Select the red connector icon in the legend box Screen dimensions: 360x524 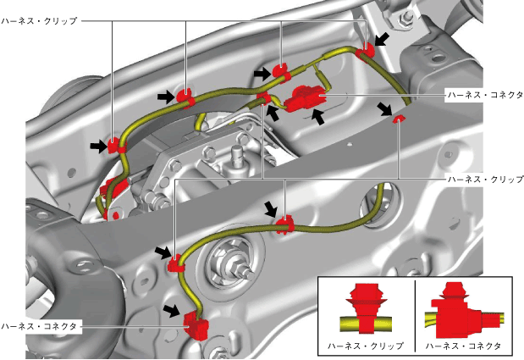[x=458, y=309]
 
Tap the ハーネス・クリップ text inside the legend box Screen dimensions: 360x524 [x=366, y=346]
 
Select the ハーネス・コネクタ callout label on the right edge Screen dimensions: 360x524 [x=483, y=96]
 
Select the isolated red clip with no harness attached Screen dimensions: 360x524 [x=399, y=120]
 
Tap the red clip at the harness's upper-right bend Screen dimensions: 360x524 [x=365, y=53]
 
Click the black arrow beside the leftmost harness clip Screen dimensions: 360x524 [x=99, y=147]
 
